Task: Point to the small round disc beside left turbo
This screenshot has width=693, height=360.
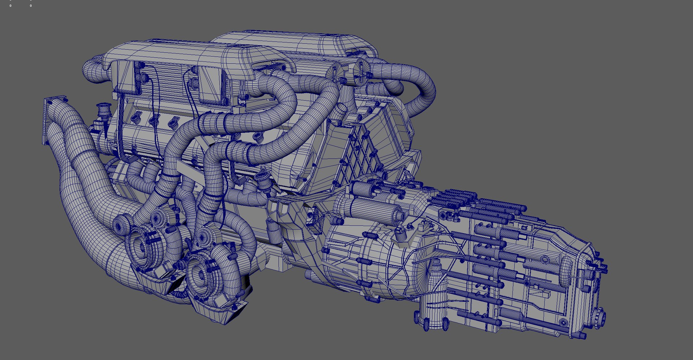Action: click(x=120, y=224)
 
